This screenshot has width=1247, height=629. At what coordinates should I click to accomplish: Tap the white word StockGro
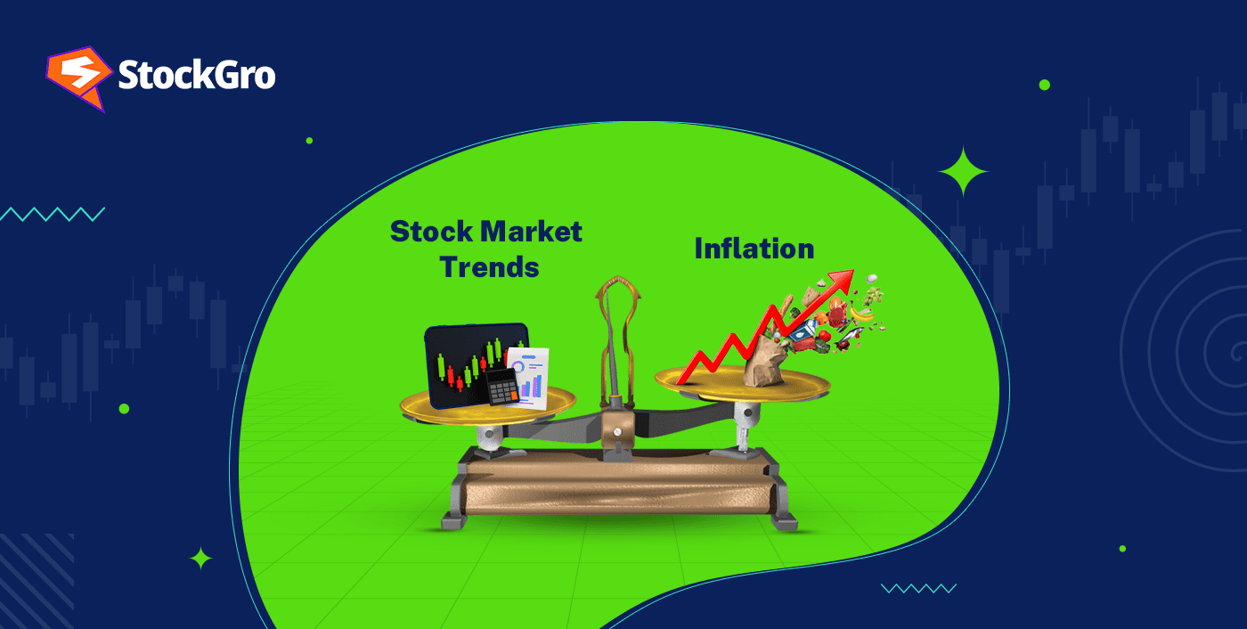point(197,76)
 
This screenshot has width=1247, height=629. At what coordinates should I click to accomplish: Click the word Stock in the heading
point(431,232)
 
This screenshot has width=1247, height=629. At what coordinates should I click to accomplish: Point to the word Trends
point(489,265)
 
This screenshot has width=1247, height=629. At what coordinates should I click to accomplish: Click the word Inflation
point(754,248)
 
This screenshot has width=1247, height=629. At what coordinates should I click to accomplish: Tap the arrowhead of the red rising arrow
point(843,281)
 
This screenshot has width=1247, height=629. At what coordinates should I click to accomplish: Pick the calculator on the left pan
point(501,387)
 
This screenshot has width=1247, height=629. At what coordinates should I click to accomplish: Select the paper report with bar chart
point(531,378)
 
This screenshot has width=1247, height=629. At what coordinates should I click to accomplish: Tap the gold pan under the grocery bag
point(742,384)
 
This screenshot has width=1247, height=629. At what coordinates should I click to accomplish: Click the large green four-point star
point(963,171)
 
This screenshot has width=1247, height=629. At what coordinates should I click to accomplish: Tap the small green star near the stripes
point(201,559)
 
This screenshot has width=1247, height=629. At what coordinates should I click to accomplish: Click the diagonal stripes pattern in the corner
point(36,579)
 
